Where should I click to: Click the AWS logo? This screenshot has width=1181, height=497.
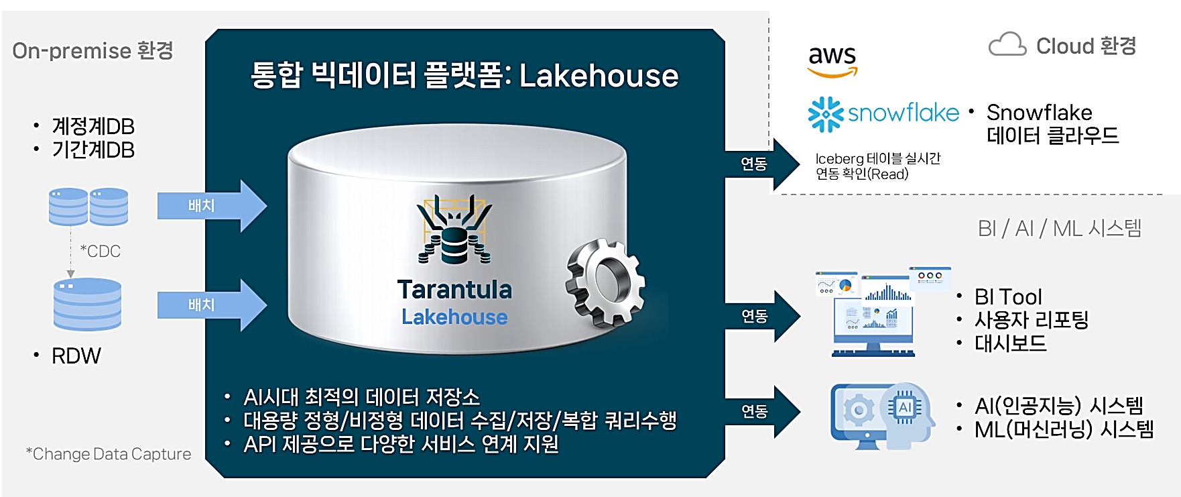point(832,61)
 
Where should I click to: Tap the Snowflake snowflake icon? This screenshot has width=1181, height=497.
point(825,114)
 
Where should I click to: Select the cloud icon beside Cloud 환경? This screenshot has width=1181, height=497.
point(1007,44)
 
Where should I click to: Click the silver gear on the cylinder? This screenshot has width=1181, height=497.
point(605,282)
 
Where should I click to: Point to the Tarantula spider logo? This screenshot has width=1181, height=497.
point(454,229)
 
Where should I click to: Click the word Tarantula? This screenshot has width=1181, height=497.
point(454,290)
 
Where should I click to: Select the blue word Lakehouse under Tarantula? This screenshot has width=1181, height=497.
point(454,317)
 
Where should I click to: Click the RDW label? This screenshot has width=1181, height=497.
point(76,355)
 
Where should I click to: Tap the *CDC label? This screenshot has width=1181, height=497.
point(101,252)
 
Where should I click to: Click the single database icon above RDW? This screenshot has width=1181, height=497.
point(87,304)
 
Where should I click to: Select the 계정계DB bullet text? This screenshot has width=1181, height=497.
point(93,126)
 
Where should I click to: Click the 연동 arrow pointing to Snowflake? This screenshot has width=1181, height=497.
point(763,164)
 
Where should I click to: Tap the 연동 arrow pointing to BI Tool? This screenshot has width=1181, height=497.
point(763,316)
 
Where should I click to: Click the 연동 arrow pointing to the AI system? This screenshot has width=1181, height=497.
point(763,411)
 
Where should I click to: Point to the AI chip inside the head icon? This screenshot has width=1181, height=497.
point(904,406)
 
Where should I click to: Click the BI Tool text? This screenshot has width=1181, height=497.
point(1008,296)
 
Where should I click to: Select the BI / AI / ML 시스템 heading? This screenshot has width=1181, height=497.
point(1060,228)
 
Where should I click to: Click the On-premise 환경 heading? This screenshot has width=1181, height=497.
point(92,50)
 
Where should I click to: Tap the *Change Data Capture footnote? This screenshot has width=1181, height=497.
point(109,454)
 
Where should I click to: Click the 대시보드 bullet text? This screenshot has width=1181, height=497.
point(1010,343)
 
